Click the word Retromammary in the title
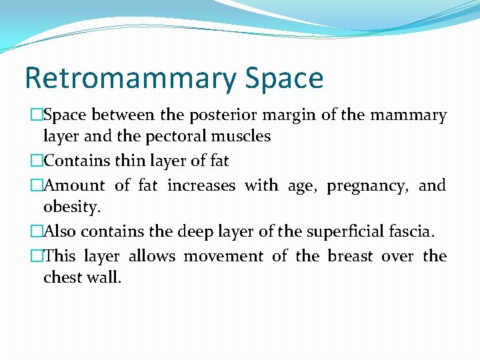[129, 79]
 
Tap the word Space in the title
[284, 79]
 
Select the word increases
[201, 185]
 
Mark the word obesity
[72, 207]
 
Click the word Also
[61, 231]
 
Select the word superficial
[346, 232]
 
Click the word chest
[62, 277]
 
